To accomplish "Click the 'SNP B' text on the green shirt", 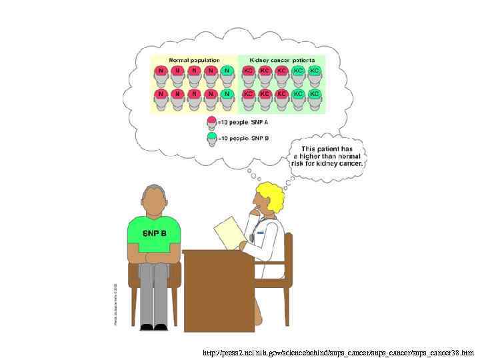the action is pos(155,233).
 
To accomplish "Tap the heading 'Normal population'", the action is pos(194,60).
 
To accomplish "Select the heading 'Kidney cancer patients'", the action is pos(282,60).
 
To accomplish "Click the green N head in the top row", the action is pos(227,71).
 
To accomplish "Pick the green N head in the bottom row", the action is pos(227,95).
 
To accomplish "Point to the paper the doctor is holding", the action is pos(228,231).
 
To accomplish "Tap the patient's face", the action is pos(155,199).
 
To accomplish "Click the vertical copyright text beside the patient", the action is pos(114,300).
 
